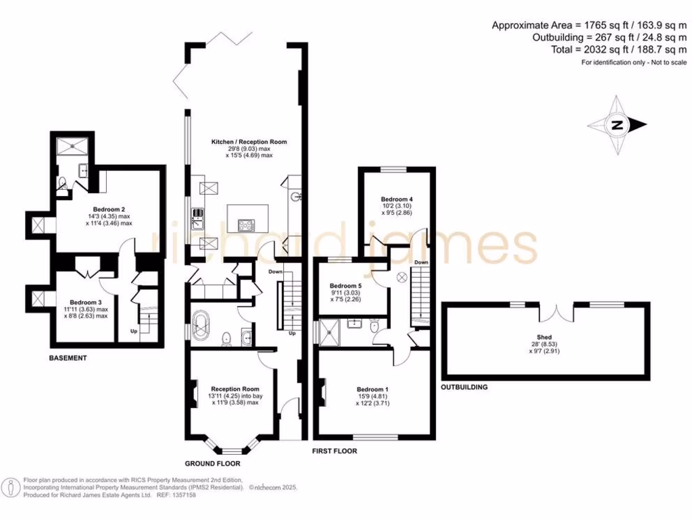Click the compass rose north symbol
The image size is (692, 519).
(617, 125)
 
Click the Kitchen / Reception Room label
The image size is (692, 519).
(249, 142)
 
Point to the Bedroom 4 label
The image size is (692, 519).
(397, 199)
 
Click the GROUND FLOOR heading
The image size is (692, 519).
(213, 464)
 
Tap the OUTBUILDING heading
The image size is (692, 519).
(464, 387)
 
